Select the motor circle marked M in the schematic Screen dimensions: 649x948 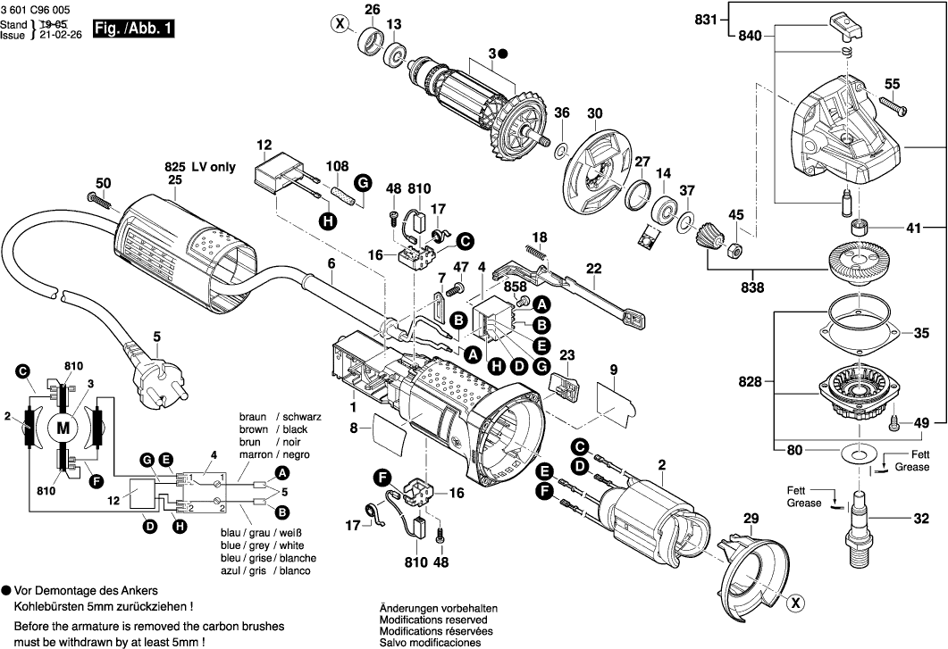63,429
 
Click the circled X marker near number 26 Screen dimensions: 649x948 339,24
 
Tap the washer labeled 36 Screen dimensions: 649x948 562,146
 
